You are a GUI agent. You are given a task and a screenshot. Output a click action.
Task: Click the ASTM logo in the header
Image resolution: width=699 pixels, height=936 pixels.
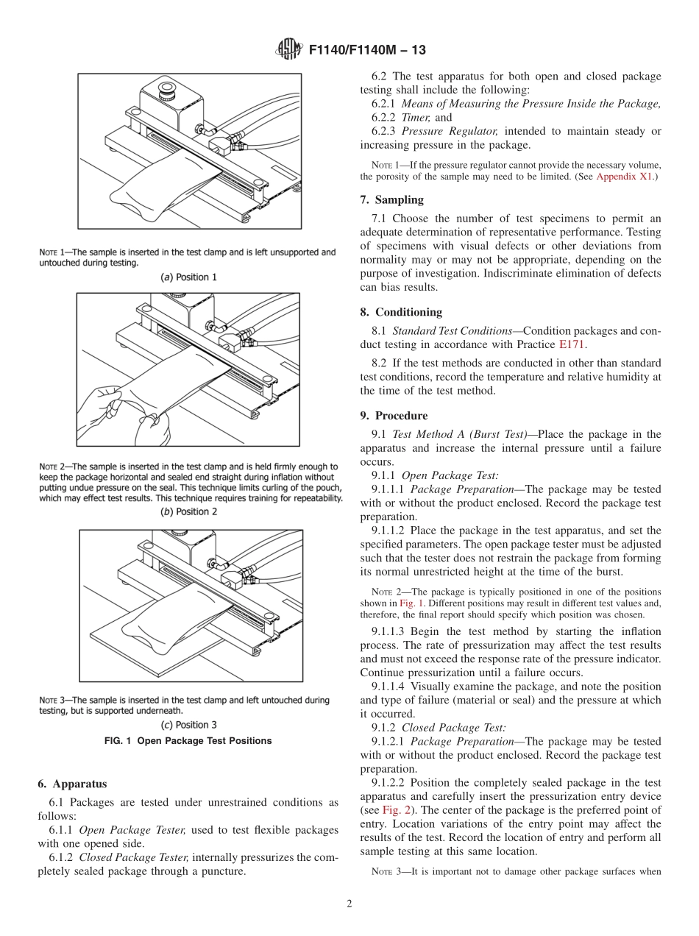[288, 50]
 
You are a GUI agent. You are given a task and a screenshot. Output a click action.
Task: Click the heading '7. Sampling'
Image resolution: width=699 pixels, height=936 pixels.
[391, 200]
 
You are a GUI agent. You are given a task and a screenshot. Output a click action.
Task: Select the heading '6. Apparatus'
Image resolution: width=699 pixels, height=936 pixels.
[73, 784]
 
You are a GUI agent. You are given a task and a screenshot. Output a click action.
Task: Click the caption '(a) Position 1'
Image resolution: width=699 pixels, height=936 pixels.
[189, 277]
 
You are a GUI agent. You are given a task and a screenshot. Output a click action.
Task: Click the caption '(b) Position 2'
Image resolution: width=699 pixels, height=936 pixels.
[189, 511]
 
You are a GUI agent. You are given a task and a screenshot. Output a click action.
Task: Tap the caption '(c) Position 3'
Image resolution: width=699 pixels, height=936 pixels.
[189, 725]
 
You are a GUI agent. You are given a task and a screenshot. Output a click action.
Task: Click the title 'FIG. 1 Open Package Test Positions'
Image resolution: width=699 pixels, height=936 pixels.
[189, 741]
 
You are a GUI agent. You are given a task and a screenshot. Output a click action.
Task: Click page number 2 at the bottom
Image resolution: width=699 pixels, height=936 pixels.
[349, 904]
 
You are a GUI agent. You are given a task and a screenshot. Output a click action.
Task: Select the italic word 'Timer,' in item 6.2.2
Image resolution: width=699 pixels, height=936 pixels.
[416, 117]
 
